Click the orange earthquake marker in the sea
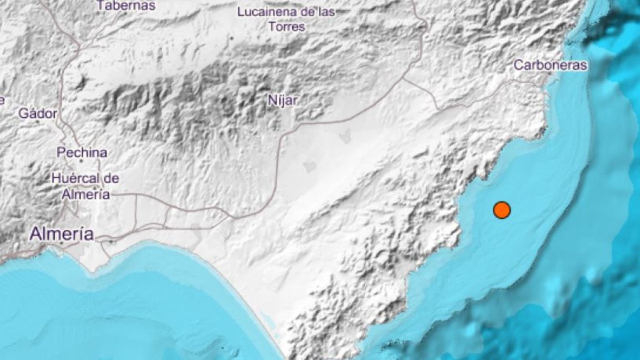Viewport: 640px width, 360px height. (501, 210)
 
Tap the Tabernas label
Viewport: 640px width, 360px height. (126, 6)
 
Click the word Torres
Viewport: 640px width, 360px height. (287, 26)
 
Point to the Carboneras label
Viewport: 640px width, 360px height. (550, 66)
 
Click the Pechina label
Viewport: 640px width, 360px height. (82, 152)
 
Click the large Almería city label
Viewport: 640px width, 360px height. (62, 234)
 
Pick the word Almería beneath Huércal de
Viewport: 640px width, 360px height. (85, 195)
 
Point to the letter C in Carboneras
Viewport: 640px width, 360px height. (518, 66)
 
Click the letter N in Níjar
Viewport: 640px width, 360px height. (270, 100)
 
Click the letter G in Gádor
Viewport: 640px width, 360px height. (23, 113)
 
